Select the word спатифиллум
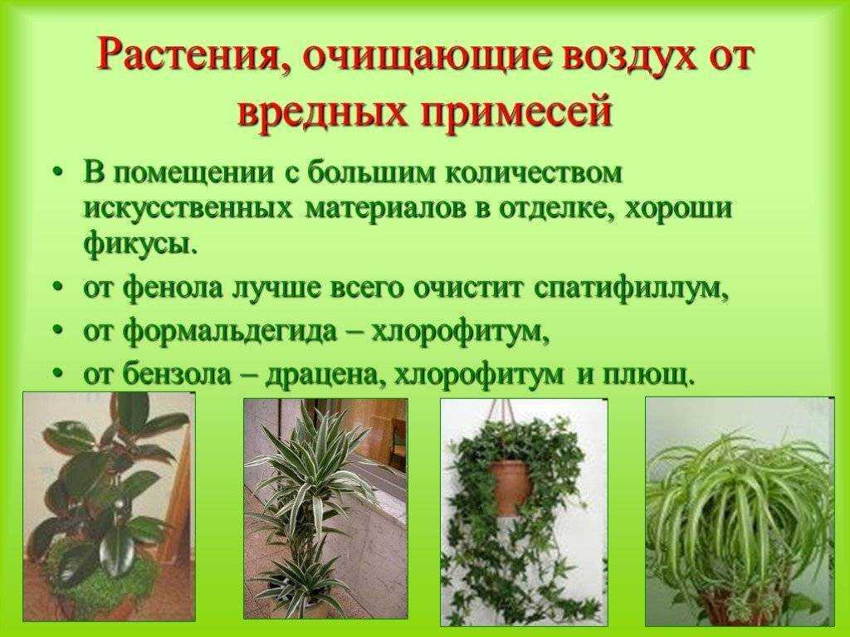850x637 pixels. click(x=632, y=289)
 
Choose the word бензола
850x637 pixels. click(x=177, y=374)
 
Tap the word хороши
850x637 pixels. click(x=677, y=209)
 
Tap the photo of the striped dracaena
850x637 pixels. click(x=325, y=509)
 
